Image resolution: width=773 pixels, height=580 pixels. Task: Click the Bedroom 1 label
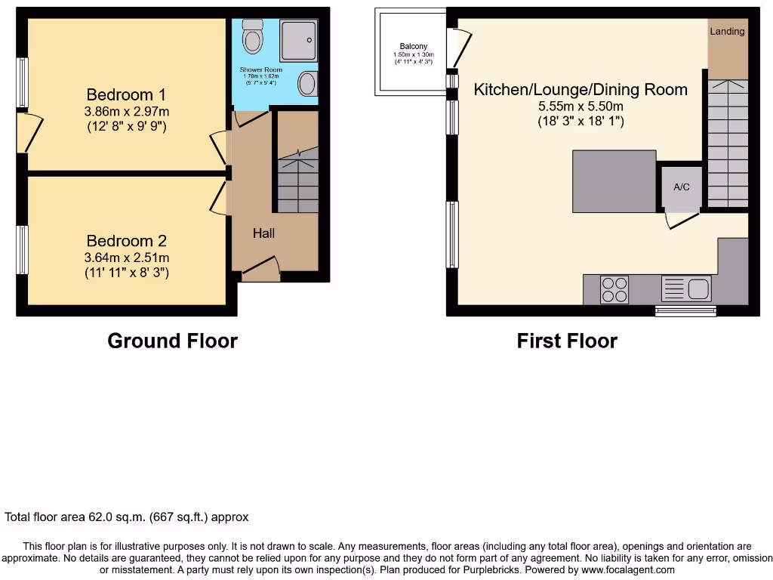coord(126,95)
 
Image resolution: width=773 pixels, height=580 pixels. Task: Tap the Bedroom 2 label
coord(126,241)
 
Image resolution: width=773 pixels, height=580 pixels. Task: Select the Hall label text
coord(263,233)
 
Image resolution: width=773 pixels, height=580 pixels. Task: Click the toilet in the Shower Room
coord(252,36)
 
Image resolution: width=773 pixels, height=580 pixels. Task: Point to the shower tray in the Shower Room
coord(298,40)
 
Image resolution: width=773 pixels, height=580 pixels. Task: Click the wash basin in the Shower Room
coord(308,83)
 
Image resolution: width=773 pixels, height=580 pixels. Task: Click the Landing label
coord(727,31)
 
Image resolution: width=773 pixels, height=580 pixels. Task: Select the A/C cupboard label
coord(682,187)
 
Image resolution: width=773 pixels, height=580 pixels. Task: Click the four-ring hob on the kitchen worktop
coord(614,289)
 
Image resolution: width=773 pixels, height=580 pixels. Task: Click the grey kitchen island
coord(614,181)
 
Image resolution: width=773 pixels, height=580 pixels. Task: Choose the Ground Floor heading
coord(172,341)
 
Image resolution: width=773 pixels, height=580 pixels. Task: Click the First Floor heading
coord(566,341)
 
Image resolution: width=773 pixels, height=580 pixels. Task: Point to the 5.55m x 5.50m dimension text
coord(581,106)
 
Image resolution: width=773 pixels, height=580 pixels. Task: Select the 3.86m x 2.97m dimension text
coord(126,112)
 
